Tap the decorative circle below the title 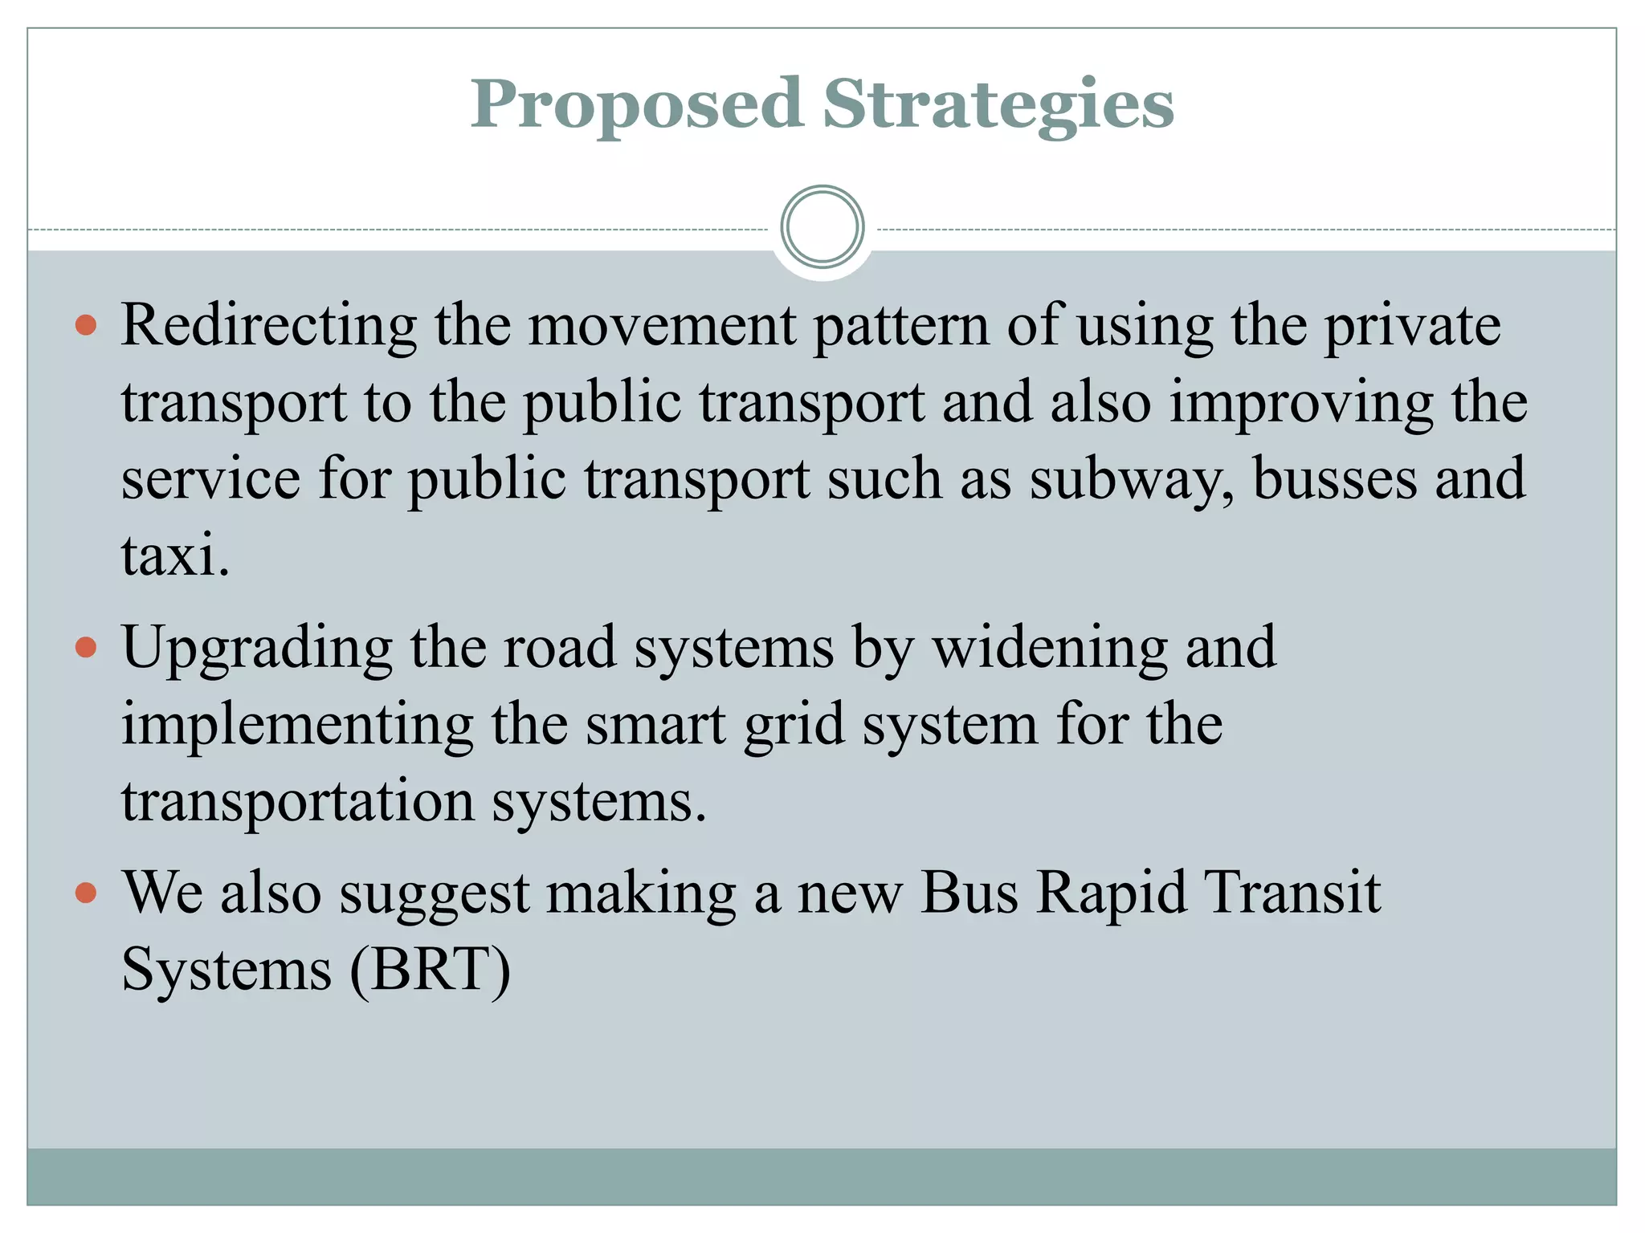pyautogui.click(x=822, y=227)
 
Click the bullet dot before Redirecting pyautogui.click(x=86, y=325)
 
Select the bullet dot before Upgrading pyautogui.click(x=86, y=647)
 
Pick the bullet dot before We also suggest pyautogui.click(x=86, y=893)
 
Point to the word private pyautogui.click(x=1412, y=326)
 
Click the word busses pyautogui.click(x=1333, y=479)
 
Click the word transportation pyautogui.click(x=298, y=801)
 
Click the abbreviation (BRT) pyautogui.click(x=431, y=970)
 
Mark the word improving pyautogui.click(x=1300, y=403)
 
